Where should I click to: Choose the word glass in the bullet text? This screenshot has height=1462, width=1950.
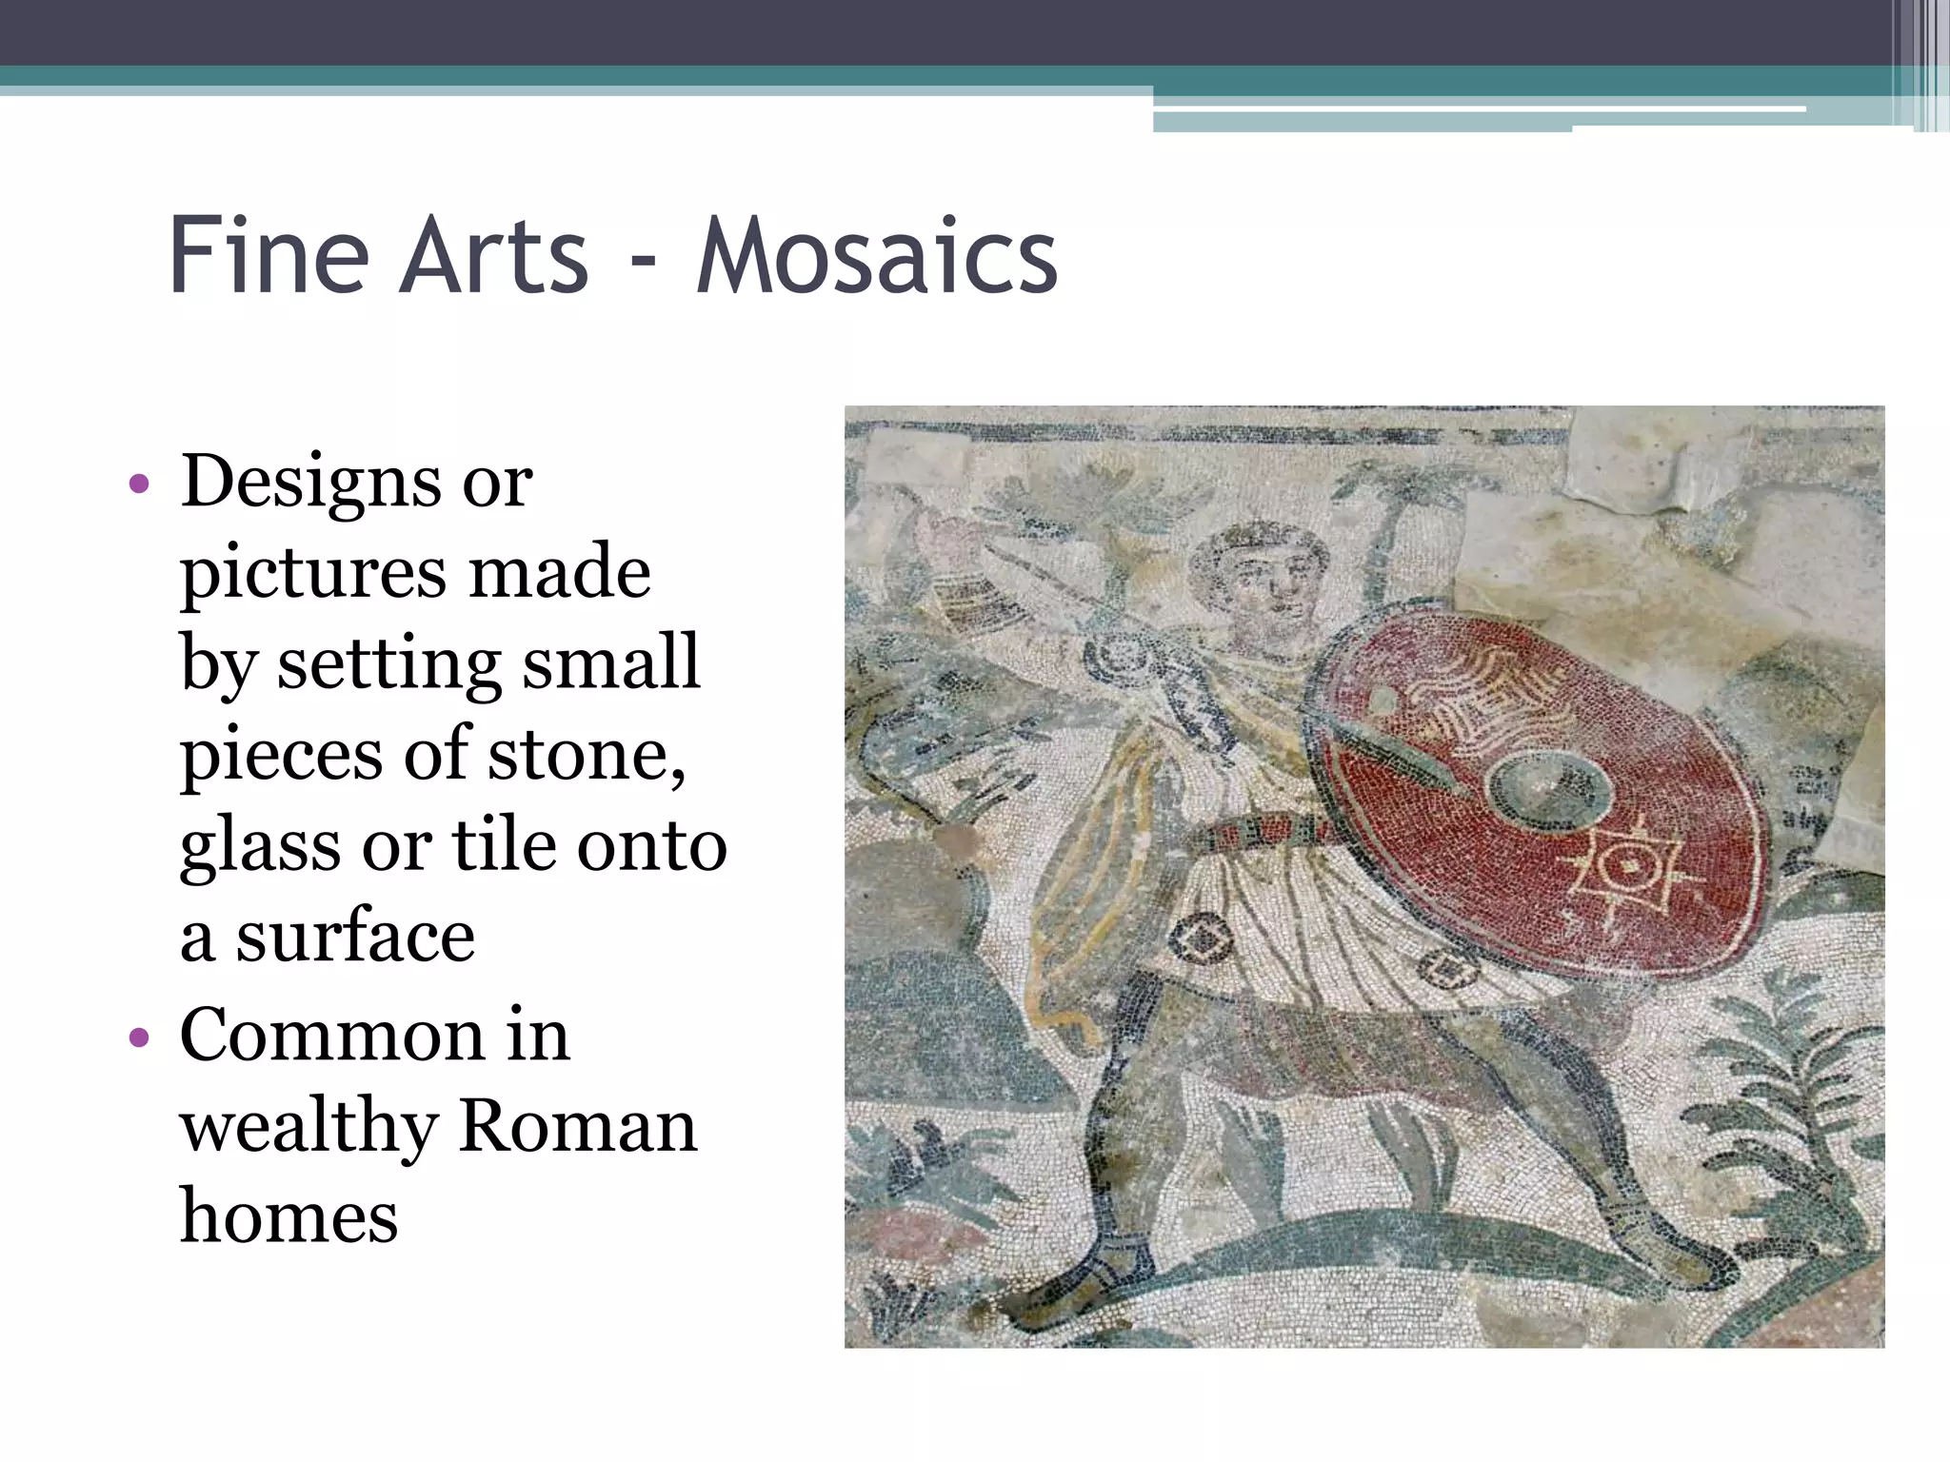[x=259, y=845]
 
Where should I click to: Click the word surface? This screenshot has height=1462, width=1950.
[x=355, y=937]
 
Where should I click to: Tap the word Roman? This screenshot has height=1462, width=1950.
[x=578, y=1125]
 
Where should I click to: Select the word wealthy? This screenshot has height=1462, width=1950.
[x=308, y=1125]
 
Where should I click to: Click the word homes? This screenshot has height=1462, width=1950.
[x=289, y=1216]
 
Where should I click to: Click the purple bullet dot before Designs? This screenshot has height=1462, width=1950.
[x=139, y=484]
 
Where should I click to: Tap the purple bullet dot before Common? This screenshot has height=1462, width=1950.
[x=139, y=1037]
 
